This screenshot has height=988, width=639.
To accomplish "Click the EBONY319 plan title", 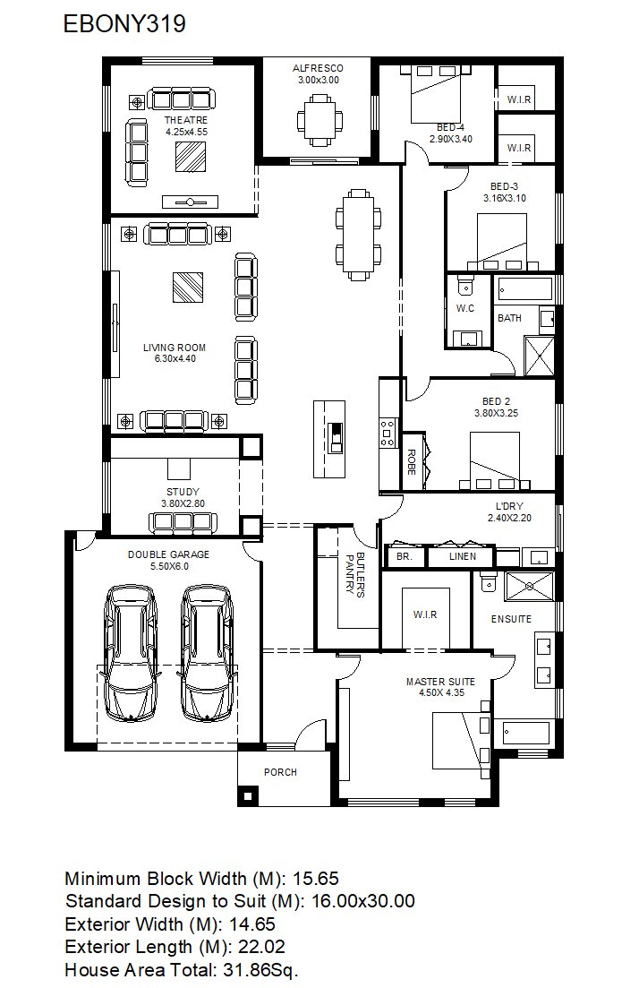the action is tap(124, 24).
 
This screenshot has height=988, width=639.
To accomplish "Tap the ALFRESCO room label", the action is tap(318, 68).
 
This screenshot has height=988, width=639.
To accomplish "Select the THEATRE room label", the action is tap(186, 120).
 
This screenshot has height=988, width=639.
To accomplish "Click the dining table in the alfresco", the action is tap(320, 117).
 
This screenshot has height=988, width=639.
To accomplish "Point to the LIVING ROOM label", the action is tap(175, 348).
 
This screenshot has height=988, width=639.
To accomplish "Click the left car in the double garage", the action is tap(132, 653).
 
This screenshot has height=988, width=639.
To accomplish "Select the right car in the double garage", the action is tap(207, 653).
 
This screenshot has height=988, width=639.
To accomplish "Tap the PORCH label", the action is tap(280, 772).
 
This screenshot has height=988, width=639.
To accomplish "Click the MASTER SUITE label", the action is tap(440, 681).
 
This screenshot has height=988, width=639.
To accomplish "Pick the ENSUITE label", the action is tap(511, 619).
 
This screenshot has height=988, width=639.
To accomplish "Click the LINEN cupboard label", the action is tap(463, 556).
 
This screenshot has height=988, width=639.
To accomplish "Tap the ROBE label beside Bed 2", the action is tap(411, 462).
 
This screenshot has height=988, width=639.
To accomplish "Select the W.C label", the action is tap(465, 309).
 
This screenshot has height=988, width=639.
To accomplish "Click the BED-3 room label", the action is tap(504, 186).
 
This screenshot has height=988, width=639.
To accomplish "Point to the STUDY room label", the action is tap(183, 492).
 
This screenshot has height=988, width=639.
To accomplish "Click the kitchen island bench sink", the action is tap(337, 437).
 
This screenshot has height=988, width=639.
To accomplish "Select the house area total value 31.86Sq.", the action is tap(260, 970).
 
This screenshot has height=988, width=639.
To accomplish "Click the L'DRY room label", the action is tap(509, 506).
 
